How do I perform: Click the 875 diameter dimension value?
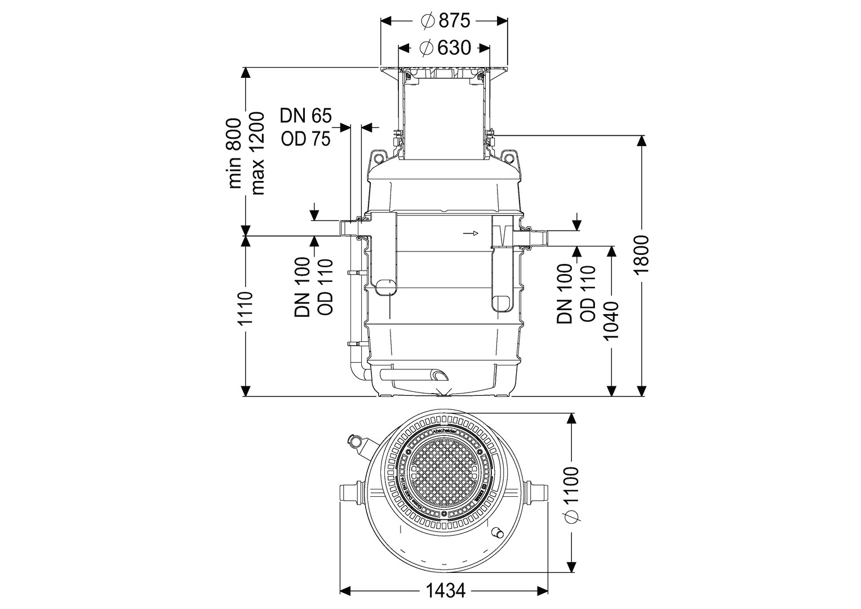coord(445,21)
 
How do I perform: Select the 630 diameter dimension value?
coord(445,48)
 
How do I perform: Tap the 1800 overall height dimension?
coord(642,255)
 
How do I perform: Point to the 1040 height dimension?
coord(611,320)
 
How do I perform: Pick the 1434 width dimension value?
coord(445,590)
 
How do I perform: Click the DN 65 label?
coord(306,116)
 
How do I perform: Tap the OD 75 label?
coord(306,138)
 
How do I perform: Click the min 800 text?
coord(233,153)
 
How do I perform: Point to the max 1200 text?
coord(257,153)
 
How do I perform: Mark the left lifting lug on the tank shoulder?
coord(377,156)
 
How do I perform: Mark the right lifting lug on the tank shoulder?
coord(509,156)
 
